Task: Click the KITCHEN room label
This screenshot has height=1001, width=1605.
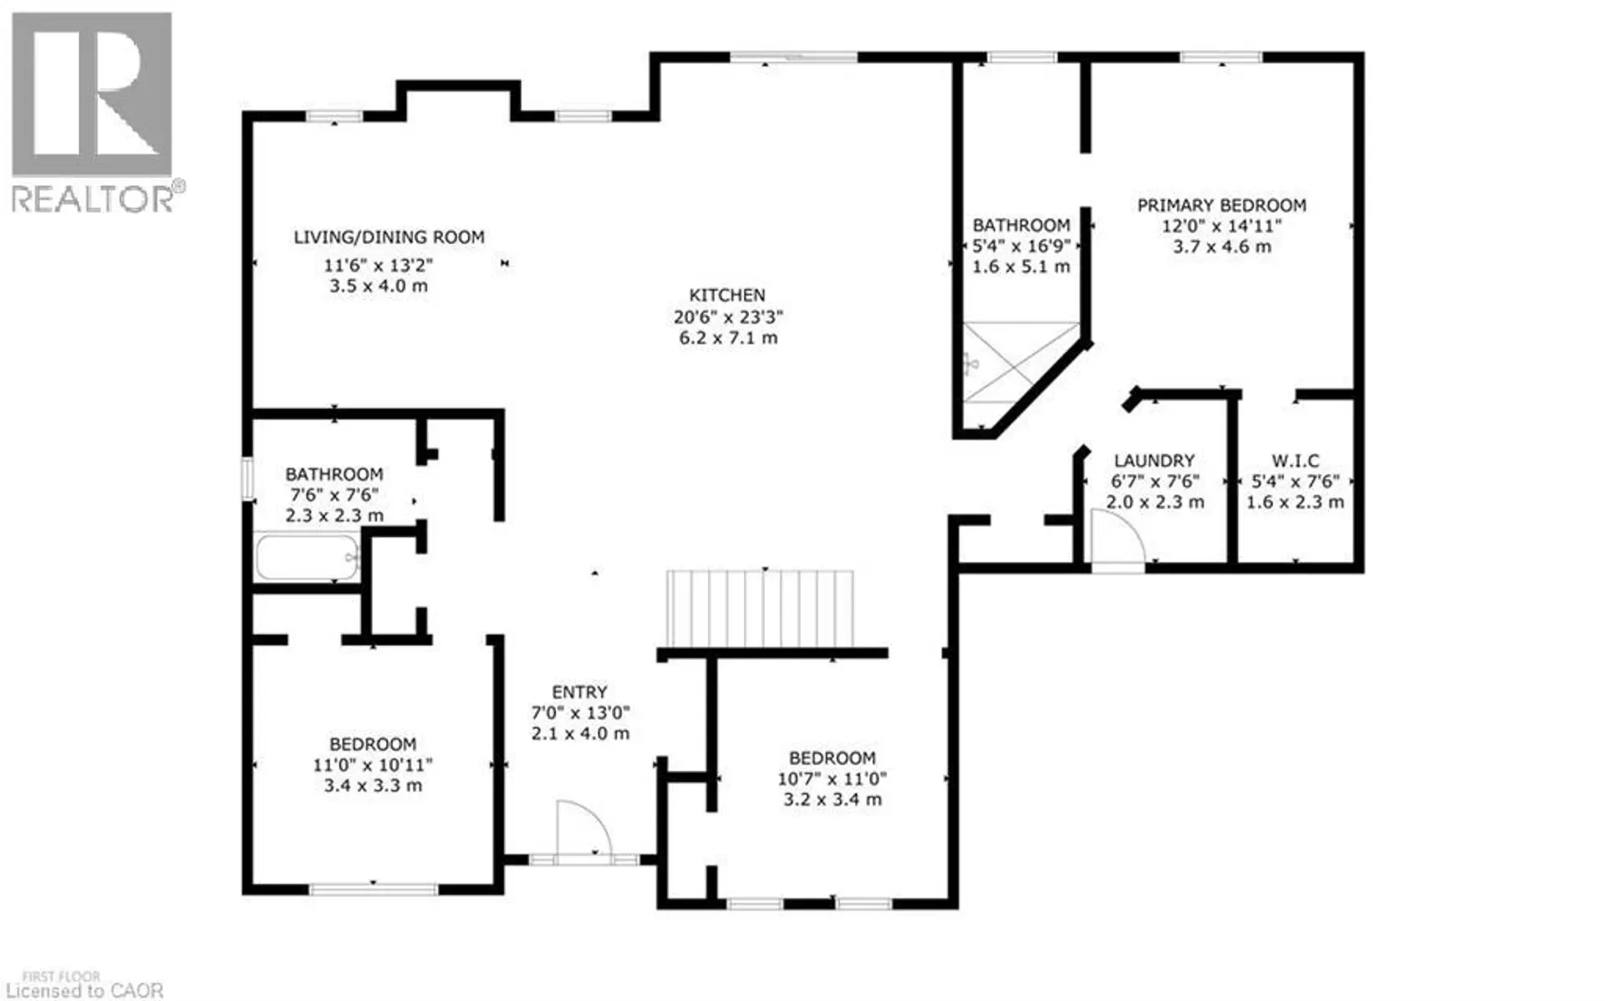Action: [x=726, y=295]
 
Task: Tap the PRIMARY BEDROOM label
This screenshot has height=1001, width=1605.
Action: [x=1221, y=205]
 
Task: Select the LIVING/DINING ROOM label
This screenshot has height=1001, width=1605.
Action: [x=389, y=237]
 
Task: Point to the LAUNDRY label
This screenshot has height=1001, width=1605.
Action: [x=1154, y=461]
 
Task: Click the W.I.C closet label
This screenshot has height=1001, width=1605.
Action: [x=1295, y=461]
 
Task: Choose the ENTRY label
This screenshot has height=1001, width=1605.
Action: [x=579, y=692]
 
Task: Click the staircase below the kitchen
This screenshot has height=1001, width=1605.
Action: [x=759, y=609]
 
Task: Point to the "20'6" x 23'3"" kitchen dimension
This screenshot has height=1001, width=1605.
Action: [x=728, y=317]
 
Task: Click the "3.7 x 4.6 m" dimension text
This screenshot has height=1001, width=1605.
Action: [x=1221, y=247]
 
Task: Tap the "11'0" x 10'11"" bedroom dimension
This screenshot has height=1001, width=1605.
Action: [x=373, y=765]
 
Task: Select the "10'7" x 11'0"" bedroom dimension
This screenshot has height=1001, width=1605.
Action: [x=832, y=779]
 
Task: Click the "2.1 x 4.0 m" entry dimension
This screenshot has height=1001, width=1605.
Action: [x=580, y=733]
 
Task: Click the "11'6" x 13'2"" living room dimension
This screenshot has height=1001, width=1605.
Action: [x=379, y=265]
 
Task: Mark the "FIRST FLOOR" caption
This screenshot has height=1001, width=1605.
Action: [x=61, y=977]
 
